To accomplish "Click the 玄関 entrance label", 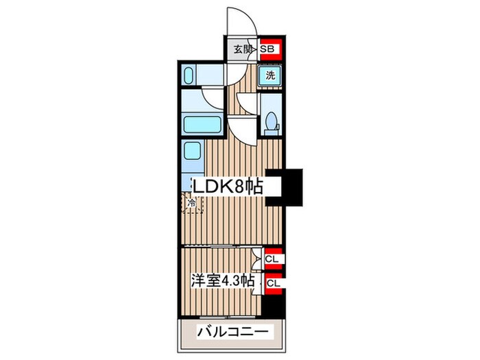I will [x=241, y=49].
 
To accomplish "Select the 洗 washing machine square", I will [x=270, y=76].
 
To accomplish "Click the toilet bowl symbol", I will [x=272, y=121].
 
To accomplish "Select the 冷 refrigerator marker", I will [x=193, y=203].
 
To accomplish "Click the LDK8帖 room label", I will [x=226, y=187].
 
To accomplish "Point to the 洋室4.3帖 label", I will [x=222, y=281].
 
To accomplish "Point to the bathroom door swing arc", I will [x=212, y=97].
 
